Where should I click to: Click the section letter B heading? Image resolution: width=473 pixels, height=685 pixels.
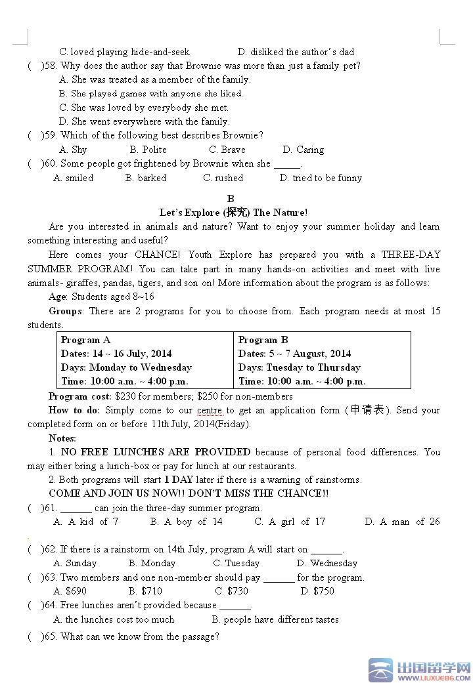(x=231, y=198)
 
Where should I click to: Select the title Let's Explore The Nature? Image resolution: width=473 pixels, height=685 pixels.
(x=233, y=213)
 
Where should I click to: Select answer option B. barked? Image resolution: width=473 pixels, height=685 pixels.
(x=146, y=178)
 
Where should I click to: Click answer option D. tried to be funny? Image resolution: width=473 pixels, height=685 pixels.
(x=321, y=178)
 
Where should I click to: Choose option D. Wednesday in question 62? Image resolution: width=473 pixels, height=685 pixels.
(x=327, y=563)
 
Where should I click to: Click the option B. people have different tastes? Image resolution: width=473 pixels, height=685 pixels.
(x=275, y=619)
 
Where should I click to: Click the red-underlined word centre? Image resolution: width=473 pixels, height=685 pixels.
(x=210, y=410)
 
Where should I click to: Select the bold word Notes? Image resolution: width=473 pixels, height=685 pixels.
(x=62, y=438)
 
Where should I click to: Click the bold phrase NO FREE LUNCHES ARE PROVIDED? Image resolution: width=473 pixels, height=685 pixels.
(x=156, y=452)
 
